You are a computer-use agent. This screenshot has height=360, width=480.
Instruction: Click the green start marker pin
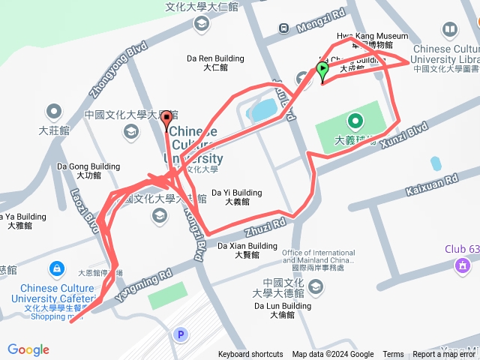point(322,71)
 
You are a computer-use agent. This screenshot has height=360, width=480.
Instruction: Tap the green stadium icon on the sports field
point(355,120)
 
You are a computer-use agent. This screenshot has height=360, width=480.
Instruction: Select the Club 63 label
point(460,250)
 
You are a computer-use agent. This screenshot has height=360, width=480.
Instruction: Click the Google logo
point(28,349)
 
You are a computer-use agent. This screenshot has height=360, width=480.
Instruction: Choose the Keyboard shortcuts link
point(250,355)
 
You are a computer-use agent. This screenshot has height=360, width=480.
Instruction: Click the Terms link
point(393,355)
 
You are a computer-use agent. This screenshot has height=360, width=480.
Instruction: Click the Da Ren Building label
point(215,58)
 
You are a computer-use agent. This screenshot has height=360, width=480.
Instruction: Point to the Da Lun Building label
point(282,306)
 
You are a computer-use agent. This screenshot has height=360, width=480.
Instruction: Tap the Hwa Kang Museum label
point(372,36)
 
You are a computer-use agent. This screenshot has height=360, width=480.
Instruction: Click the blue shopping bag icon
point(56,268)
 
